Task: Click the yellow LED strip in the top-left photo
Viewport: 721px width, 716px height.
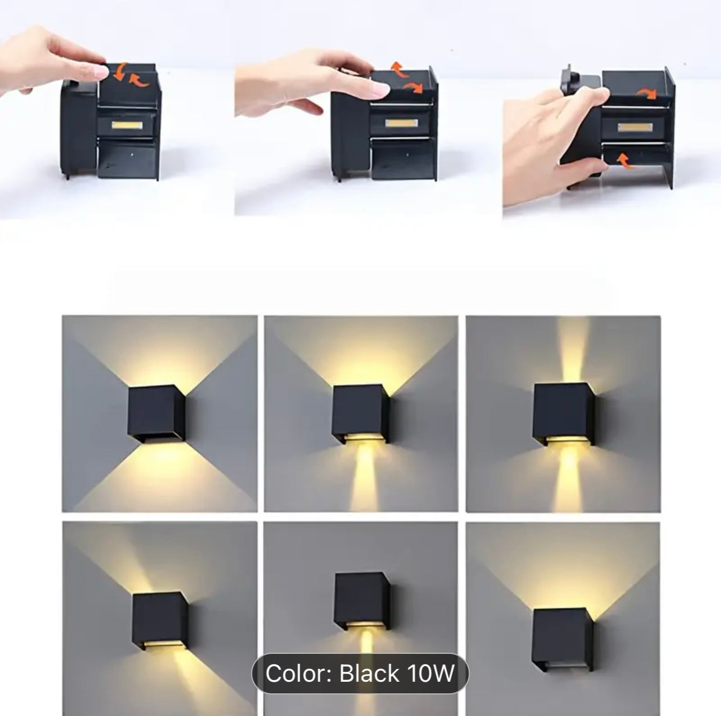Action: [x=127, y=125]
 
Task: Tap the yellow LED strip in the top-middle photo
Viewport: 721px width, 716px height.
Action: [x=401, y=123]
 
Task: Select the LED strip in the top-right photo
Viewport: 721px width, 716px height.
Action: [x=635, y=127]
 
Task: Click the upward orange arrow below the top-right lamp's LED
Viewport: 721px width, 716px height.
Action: [x=623, y=161]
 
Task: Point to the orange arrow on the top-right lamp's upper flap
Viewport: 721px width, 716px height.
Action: [x=647, y=93]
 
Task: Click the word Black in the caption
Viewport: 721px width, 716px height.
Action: [x=369, y=673]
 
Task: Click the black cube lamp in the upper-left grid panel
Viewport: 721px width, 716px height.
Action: [x=156, y=413]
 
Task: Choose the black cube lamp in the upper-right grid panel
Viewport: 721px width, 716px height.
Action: [x=563, y=415]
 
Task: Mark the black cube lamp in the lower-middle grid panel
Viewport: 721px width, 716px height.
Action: [x=362, y=602]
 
